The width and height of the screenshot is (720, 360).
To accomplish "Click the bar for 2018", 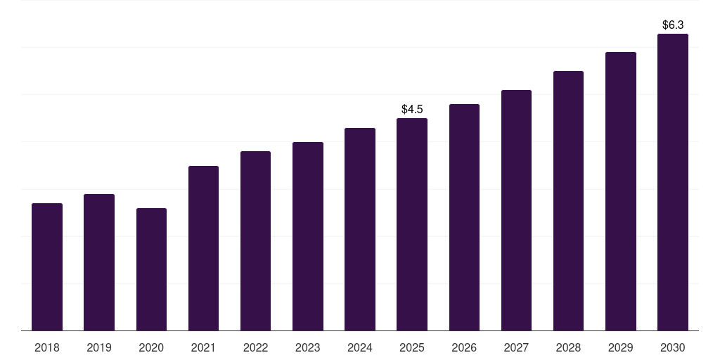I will point(47,267).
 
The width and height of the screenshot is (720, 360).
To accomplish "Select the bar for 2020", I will point(151,269).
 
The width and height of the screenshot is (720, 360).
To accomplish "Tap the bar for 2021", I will point(203,248).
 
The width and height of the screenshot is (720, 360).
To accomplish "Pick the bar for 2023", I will point(308,236).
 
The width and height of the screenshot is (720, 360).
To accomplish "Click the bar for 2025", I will point(412,224).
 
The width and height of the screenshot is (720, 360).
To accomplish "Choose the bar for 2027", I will point(516,210).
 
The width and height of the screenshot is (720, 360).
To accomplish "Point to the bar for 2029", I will point(621,191).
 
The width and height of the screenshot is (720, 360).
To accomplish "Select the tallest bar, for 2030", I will point(673,182).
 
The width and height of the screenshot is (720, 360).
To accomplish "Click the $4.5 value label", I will point(412,109).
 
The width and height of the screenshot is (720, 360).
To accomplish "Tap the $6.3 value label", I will point(673,25).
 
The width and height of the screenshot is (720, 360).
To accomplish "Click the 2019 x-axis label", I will point(99,347).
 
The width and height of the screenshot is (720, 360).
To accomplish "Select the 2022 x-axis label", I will point(255,347).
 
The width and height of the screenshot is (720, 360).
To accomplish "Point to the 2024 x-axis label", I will point(360,347).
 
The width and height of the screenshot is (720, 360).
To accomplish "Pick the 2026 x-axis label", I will point(464,347).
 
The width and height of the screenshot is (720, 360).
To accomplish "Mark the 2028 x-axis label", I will point(568,347).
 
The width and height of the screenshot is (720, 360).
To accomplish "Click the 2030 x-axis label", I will point(673,347).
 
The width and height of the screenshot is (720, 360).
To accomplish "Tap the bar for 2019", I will point(99,262).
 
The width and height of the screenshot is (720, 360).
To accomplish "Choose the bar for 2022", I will point(255,241).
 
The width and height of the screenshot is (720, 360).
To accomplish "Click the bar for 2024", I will point(360,229).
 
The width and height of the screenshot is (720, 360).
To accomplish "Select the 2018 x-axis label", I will point(47,347).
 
